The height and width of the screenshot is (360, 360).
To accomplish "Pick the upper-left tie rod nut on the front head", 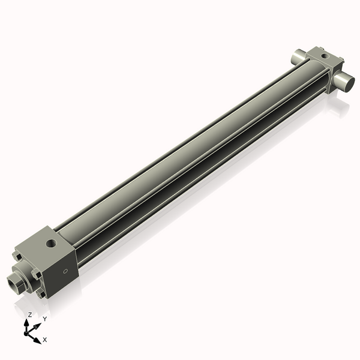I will [19, 259].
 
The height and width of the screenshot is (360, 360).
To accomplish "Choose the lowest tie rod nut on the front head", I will [41, 295].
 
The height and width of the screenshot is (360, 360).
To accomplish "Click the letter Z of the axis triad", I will [30, 314].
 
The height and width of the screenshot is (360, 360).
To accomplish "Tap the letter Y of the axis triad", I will [44, 319].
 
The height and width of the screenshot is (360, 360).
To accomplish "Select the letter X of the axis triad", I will [45, 340].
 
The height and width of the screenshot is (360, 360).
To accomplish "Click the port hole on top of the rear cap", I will [325, 56].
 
